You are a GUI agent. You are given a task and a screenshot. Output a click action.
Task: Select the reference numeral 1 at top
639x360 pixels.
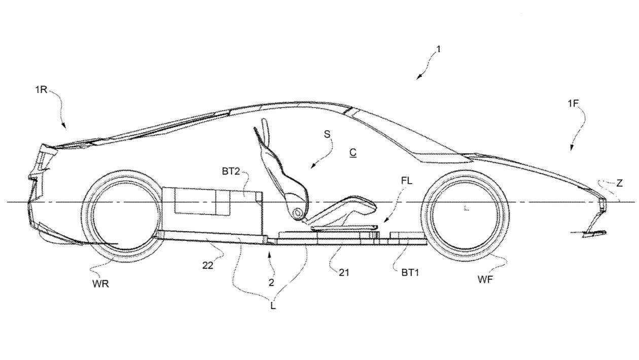point(438,49)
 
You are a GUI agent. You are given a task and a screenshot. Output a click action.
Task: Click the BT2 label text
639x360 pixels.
point(231,172)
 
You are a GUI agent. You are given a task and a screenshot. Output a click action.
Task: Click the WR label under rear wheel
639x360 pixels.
point(101,284)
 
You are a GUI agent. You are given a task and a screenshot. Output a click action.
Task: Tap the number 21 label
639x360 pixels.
point(344,273)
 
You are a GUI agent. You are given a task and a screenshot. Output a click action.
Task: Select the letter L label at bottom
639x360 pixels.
point(273,306)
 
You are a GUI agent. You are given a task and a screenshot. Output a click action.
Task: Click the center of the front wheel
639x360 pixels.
point(466,208)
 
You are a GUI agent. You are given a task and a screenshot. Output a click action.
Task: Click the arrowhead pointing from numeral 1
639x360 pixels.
point(419,77)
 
